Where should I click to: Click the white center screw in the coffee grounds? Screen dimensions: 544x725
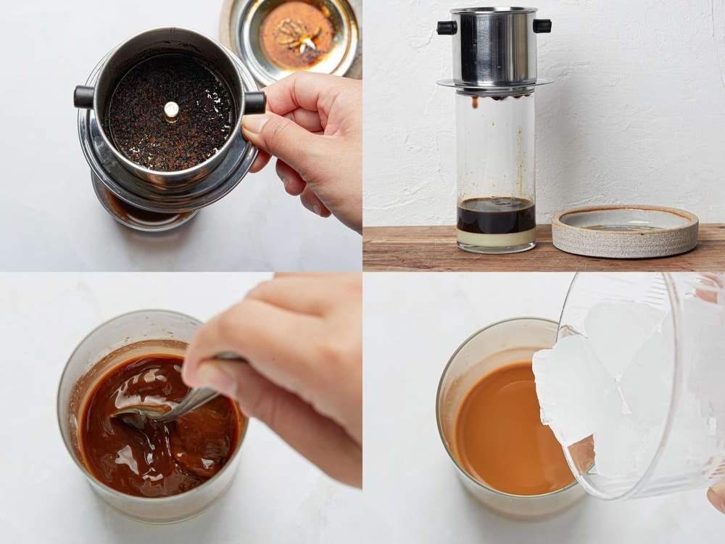coord(171,110)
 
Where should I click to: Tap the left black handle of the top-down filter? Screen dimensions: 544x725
coord(84,96)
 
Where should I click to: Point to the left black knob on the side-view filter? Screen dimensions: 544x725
coord(445,28)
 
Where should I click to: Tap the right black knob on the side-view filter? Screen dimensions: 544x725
coord(542,26)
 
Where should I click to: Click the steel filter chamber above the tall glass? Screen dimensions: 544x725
coord(494,47)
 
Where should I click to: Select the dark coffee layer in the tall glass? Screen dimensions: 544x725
coord(496,216)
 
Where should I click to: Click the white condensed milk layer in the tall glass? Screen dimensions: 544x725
coord(496,239)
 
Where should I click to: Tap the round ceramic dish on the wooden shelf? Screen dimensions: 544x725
coord(624,230)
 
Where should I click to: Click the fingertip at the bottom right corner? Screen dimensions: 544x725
coord(717,496)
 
